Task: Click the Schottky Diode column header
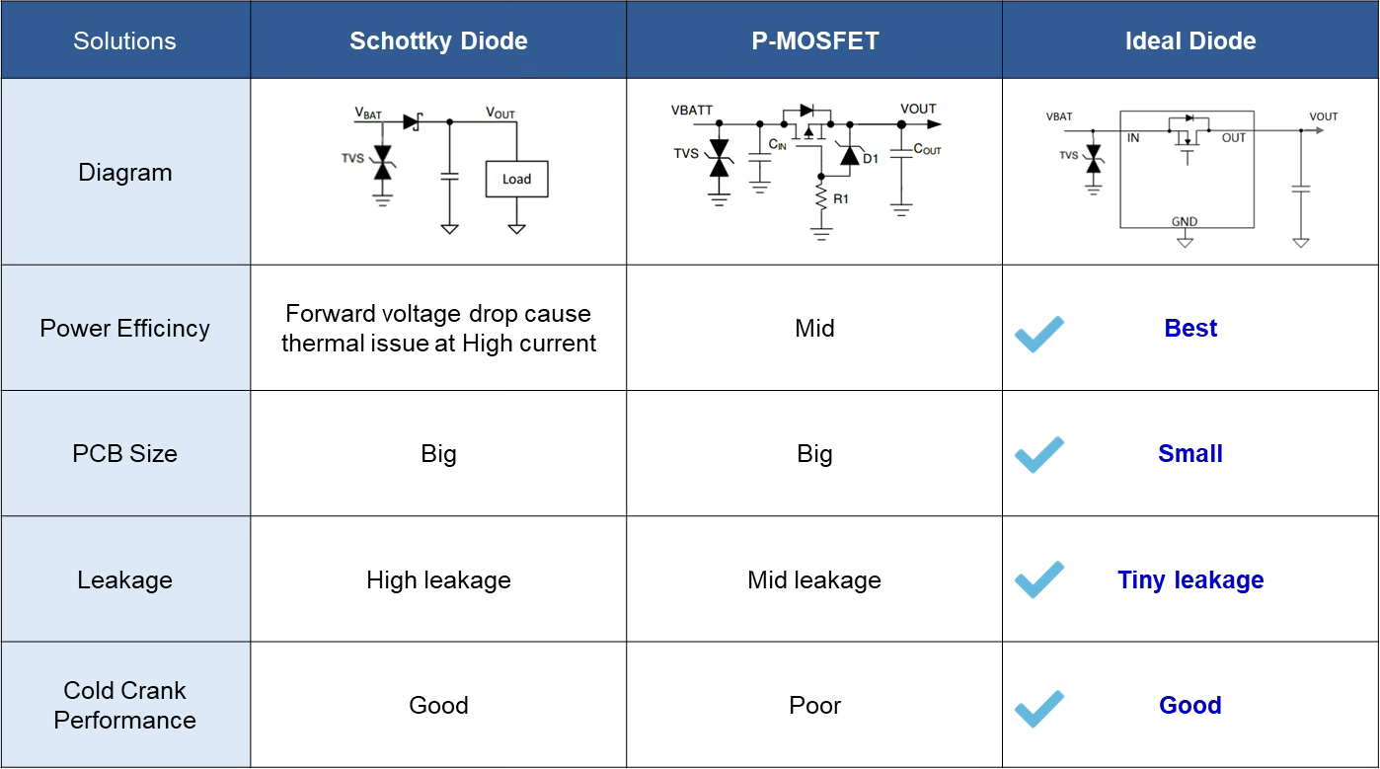438,40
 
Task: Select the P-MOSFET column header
814,40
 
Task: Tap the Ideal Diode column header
1190,40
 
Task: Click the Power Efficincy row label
125,329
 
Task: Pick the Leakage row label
125,579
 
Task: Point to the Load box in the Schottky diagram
517,180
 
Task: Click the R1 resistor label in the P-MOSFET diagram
841,199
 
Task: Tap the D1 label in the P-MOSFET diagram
871,159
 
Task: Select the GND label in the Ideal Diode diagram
1185,221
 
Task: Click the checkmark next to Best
1039,334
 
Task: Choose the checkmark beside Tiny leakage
1039,579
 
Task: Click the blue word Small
1190,453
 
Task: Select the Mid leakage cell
814,579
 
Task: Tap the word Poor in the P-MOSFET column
814,706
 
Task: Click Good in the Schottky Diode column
438,706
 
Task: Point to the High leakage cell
438,579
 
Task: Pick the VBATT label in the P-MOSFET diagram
692,111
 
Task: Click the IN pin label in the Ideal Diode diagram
1133,138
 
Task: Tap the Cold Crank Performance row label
125,706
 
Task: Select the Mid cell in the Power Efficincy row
814,329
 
